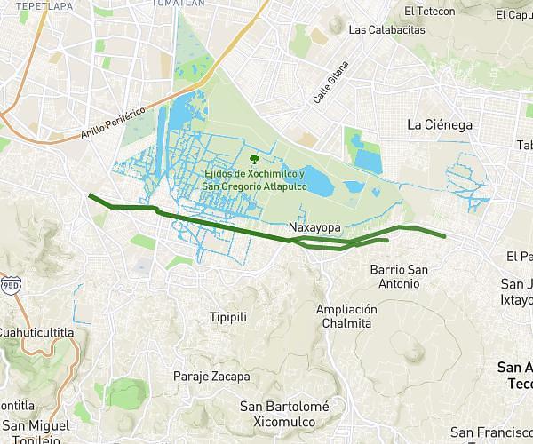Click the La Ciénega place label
tap(439, 125)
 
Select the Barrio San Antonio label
tap(397, 276)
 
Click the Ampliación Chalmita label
tap(346, 316)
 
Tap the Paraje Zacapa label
tap(211, 377)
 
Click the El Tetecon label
tap(429, 12)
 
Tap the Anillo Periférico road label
tap(112, 123)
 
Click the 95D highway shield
tap(11, 286)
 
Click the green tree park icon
tap(255, 159)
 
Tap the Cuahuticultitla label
tap(36, 332)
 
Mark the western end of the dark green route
tap(88, 194)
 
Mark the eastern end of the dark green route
tap(444, 237)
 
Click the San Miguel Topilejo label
tap(31, 432)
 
